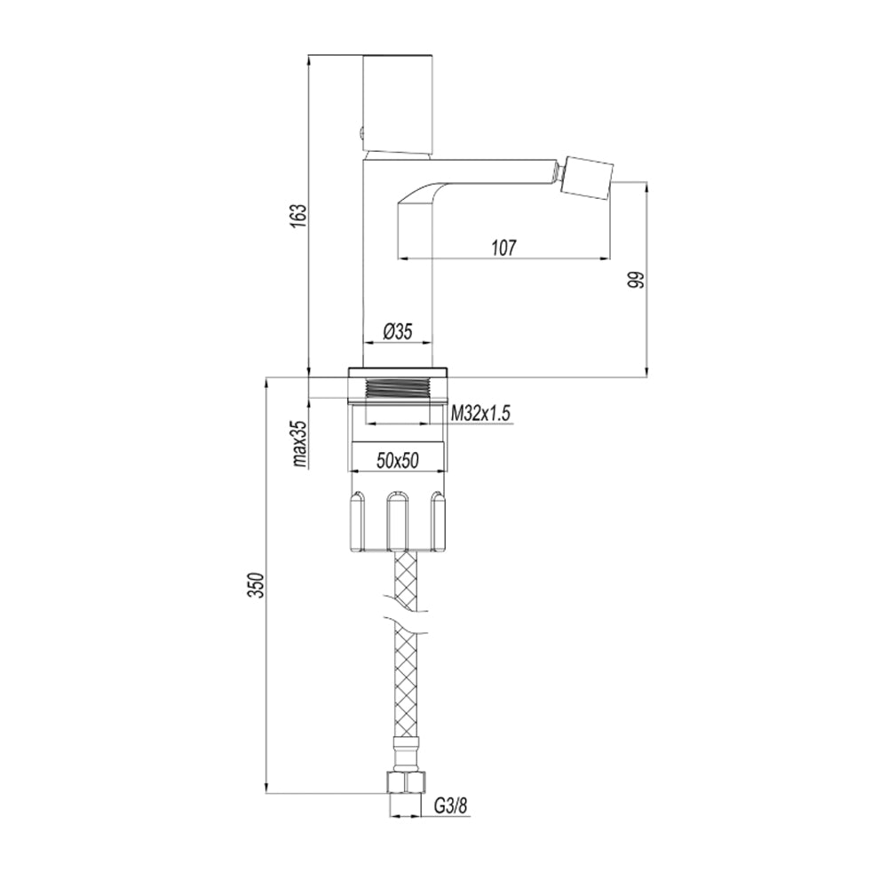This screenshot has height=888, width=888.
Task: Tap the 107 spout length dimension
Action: click(503, 248)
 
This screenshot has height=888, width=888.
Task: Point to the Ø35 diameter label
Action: click(397, 331)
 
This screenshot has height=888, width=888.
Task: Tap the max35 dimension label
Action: click(300, 443)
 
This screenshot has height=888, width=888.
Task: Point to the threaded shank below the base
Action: click(398, 388)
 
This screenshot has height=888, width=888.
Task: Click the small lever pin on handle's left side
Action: click(361, 134)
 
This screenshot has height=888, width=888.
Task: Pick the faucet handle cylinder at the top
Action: click(398, 102)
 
